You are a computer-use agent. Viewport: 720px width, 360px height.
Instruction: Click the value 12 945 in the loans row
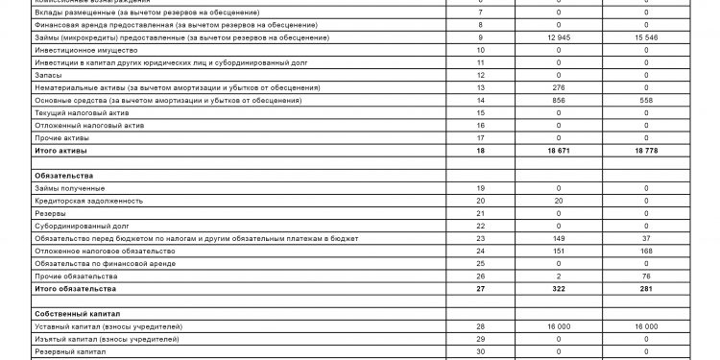544,36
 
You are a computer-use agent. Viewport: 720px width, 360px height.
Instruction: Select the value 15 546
645,36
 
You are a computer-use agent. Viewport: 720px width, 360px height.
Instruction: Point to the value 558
645,100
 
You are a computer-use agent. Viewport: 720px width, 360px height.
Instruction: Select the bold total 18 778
645,151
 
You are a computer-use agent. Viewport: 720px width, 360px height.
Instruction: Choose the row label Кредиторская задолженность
88,201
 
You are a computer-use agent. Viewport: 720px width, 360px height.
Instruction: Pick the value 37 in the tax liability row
645,238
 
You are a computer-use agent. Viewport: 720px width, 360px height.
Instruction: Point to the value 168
645,251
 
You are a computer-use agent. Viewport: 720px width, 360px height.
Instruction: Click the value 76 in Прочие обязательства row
645,276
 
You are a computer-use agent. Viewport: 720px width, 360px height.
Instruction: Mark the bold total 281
645,288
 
